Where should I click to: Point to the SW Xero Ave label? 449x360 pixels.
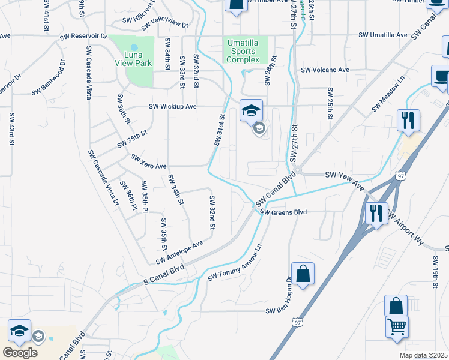148,161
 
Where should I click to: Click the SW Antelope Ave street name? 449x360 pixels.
179,253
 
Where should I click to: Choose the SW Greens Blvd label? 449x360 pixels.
283,212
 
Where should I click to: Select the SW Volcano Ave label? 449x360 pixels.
325,70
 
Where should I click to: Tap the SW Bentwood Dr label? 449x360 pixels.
47,77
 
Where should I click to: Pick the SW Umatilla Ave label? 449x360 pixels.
383,36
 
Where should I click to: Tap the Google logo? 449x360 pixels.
20,353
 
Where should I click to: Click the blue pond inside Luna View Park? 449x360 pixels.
134,46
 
